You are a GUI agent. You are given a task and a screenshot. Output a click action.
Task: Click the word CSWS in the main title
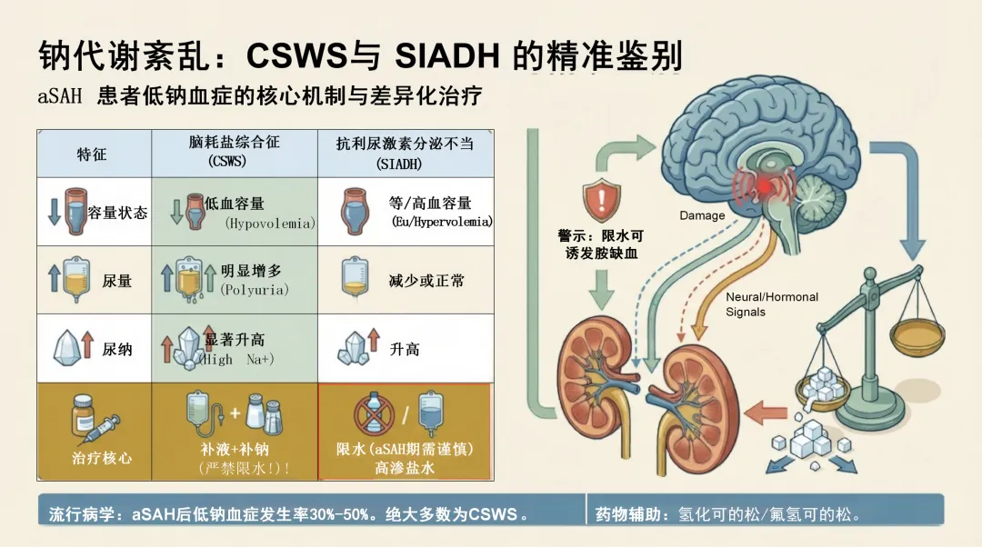(297, 56)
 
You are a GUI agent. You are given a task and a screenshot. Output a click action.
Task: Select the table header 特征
(92, 154)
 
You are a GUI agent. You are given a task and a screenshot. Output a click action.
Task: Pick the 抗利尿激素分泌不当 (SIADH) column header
(405, 153)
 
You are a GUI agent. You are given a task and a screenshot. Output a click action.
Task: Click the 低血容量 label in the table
(235, 204)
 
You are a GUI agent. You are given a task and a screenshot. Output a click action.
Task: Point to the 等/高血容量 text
(430, 204)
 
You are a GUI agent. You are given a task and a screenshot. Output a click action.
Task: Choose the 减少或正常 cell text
(426, 281)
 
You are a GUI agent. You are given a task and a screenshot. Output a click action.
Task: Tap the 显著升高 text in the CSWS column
(235, 340)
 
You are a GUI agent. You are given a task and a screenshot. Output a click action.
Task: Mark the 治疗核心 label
(102, 457)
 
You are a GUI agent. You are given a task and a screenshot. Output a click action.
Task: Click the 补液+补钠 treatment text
(235, 449)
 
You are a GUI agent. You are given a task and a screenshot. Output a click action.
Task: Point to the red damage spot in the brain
(761, 187)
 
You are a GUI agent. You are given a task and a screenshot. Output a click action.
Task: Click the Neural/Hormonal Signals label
(771, 303)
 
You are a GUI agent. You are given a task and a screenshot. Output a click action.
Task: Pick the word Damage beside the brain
(702, 215)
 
